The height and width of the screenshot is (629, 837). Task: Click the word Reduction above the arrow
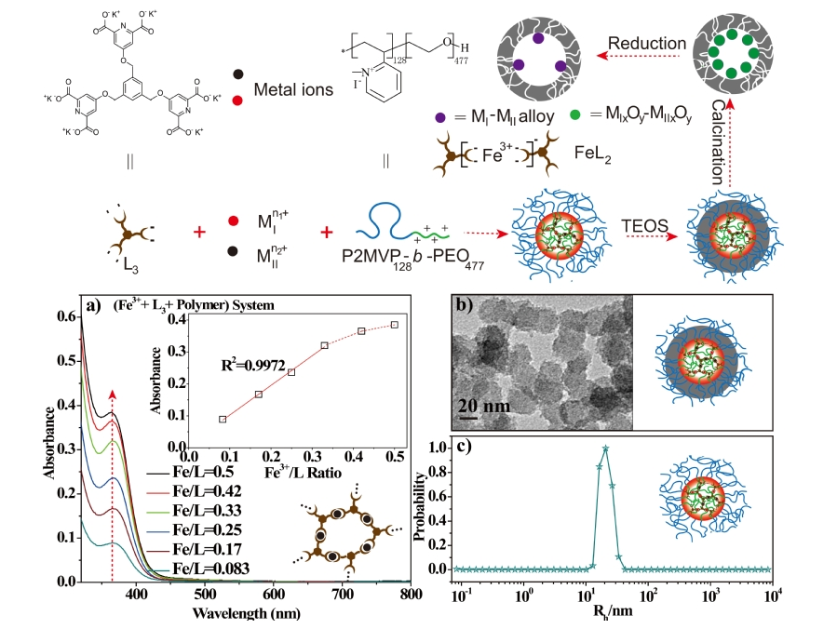(648, 44)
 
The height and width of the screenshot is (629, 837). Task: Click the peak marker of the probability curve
(606, 448)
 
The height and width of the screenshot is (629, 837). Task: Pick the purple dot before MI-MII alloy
(440, 117)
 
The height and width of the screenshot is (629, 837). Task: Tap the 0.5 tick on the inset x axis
(396, 458)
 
